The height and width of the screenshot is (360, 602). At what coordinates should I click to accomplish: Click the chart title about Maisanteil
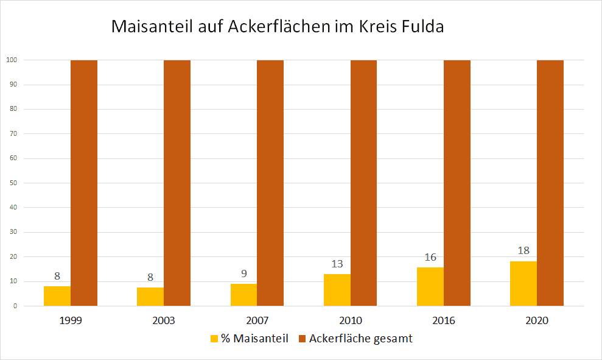278,27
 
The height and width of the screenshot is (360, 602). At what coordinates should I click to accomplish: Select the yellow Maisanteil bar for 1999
57,296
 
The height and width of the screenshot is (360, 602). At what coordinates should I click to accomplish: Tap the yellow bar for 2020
523,284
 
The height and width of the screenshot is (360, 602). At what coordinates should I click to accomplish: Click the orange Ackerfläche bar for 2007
270,183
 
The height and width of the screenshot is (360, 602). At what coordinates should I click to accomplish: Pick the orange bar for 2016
457,183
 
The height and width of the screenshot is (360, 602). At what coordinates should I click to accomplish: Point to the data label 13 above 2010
337,264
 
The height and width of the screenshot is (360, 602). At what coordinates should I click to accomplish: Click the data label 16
430,257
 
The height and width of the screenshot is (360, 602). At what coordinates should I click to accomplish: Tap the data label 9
243,274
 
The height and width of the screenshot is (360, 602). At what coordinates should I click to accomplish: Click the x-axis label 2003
164,320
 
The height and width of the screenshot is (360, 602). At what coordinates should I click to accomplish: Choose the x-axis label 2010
351,320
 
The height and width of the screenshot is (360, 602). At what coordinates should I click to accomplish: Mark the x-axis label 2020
537,320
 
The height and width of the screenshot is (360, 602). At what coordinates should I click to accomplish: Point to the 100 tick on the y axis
11,60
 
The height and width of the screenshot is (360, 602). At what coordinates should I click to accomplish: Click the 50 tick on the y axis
13,183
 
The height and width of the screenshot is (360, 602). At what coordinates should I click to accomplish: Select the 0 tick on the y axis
15,306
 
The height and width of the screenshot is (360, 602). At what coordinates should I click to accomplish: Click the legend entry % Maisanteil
249,339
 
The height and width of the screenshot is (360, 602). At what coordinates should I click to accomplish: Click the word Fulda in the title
424,27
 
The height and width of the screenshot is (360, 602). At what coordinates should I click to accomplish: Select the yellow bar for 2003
150,297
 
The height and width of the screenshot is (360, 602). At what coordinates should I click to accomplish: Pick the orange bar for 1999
84,183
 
